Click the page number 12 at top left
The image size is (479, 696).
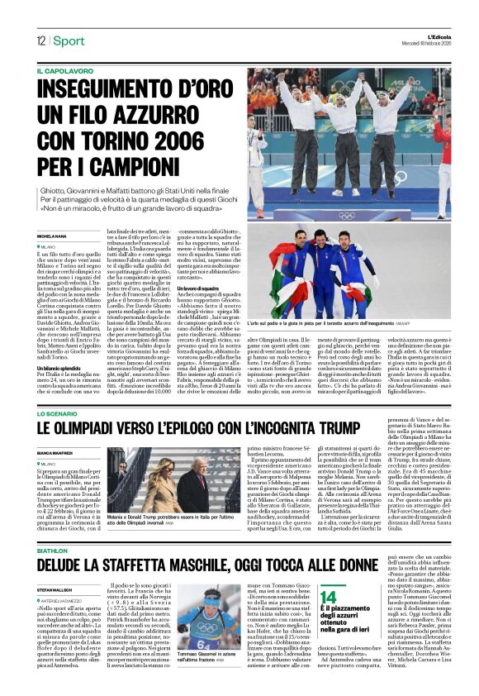click(x=40, y=41)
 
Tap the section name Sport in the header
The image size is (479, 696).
click(x=69, y=41)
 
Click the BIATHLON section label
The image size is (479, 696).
click(x=52, y=550)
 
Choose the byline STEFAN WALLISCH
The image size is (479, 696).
click(x=57, y=589)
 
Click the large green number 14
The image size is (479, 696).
click(x=329, y=597)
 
